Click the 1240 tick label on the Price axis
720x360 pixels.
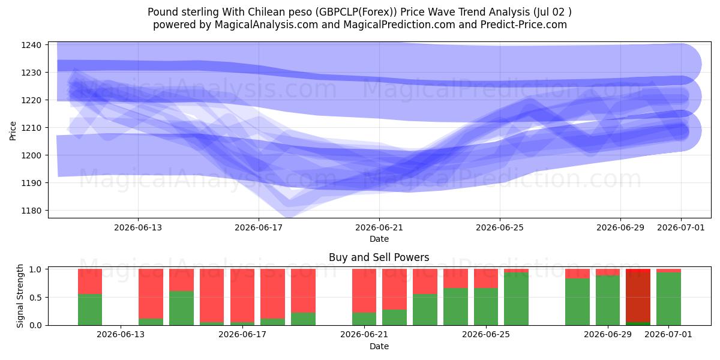(31, 45)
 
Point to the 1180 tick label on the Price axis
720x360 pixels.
(31, 211)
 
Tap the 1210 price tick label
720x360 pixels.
(31, 128)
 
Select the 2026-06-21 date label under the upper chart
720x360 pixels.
(379, 227)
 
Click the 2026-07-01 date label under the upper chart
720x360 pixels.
(681, 227)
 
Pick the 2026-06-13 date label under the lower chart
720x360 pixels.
(121, 335)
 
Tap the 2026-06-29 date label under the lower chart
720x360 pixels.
(607, 335)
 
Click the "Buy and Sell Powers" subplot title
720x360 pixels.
(379, 257)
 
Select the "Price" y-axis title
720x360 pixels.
(13, 131)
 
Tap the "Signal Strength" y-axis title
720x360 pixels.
(20, 296)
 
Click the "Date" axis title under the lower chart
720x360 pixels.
(379, 346)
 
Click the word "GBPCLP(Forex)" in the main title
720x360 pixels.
(356, 12)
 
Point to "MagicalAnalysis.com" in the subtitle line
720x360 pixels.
(266, 25)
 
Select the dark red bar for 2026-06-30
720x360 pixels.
(638, 297)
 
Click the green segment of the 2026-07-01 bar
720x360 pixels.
(668, 299)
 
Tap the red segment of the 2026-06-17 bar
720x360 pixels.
(242, 296)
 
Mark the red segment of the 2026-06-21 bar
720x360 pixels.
(364, 290)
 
